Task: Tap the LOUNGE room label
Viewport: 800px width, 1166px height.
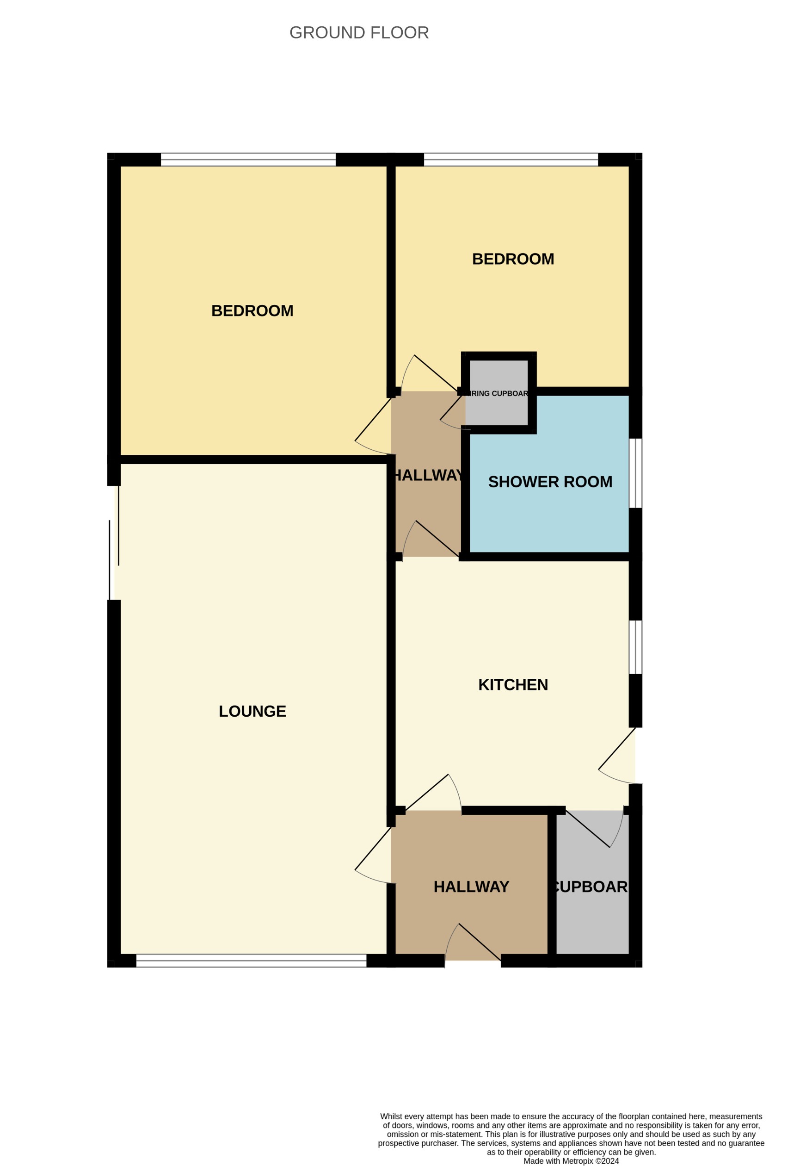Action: point(252,711)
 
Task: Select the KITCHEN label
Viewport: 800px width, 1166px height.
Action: point(513,684)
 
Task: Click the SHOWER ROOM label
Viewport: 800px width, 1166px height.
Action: point(550,482)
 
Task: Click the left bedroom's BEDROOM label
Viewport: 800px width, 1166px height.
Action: point(252,310)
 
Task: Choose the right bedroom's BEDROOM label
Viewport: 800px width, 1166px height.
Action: point(513,259)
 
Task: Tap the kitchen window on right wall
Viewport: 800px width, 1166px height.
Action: point(635,647)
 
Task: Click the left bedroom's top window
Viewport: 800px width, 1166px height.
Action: point(248,160)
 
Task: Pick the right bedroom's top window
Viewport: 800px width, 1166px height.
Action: point(511,160)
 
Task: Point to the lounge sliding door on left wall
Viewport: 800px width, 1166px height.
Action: point(114,545)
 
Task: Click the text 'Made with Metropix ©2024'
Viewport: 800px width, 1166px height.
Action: point(571,1161)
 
